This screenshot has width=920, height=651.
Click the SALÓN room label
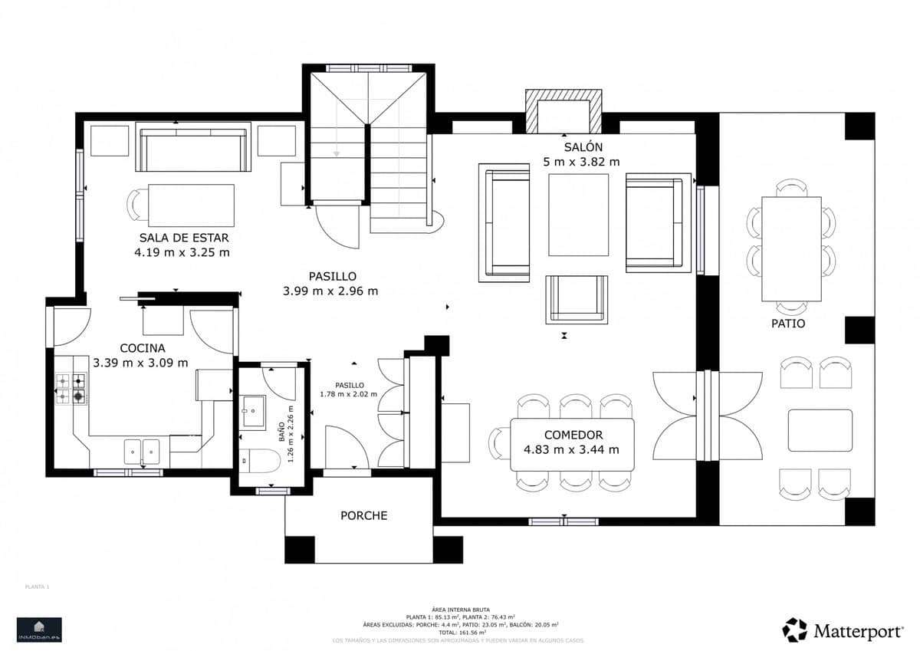pos(583,146)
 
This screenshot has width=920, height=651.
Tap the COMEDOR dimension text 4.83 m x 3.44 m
pos(571,450)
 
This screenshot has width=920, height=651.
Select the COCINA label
pos(142,348)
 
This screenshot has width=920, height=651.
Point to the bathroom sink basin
pos(252,413)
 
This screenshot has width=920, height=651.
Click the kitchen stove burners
pos(70,389)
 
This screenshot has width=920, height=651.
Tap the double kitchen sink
pos(142,452)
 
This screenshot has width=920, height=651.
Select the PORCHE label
pos(364,515)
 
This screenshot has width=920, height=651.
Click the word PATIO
pos(788,324)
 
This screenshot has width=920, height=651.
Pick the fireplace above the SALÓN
pos(563,112)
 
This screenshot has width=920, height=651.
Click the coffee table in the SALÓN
pos(578,215)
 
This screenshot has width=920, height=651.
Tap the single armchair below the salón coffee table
pos(577,298)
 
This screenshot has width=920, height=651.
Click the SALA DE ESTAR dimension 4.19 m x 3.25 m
pos(182,252)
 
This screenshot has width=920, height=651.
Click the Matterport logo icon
pos(794,630)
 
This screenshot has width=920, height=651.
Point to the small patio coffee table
pos(820,430)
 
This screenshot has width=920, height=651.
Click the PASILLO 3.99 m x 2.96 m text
pos(330,291)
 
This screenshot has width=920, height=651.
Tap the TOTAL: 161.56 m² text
pos(459,633)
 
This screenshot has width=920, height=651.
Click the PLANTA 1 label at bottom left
pos(37,587)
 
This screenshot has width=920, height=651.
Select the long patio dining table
pos(791,249)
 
